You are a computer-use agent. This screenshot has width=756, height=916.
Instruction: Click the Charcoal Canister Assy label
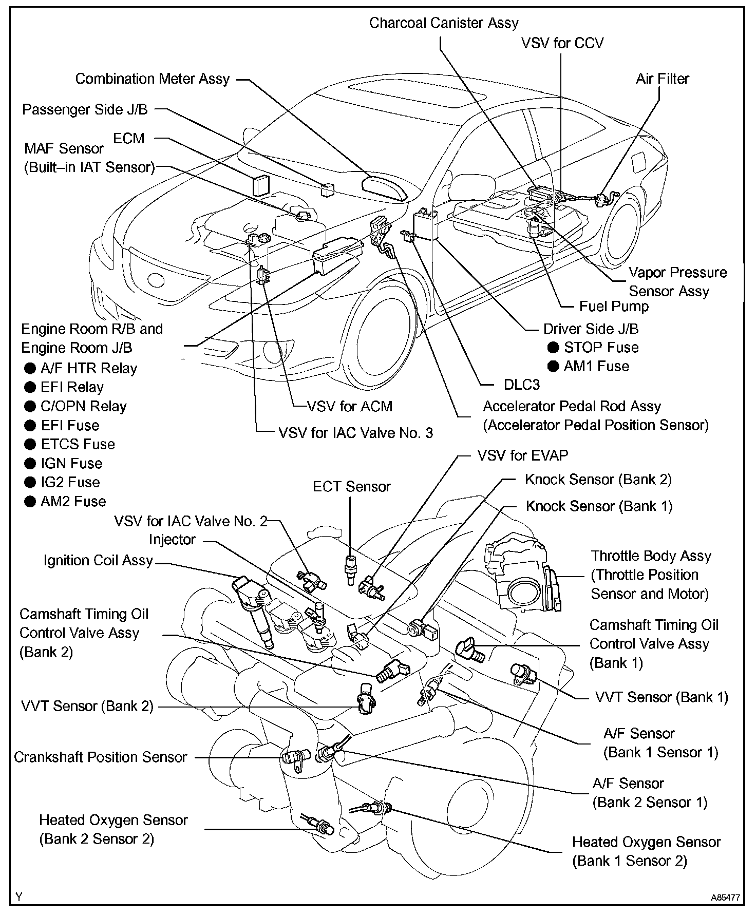click(444, 23)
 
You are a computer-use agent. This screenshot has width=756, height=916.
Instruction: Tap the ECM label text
click(129, 139)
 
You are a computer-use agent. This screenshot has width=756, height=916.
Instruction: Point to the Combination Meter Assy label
click(152, 79)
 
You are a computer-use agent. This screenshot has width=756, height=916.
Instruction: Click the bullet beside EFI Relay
click(30, 388)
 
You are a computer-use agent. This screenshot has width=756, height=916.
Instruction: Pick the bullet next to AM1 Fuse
click(553, 367)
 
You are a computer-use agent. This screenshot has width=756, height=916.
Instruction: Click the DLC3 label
click(521, 385)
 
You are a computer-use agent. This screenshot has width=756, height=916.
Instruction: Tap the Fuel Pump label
click(614, 307)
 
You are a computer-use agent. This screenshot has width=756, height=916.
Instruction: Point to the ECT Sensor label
click(352, 487)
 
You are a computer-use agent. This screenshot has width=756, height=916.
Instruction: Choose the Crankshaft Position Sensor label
click(100, 757)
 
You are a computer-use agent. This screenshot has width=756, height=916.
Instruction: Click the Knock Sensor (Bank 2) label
click(598, 480)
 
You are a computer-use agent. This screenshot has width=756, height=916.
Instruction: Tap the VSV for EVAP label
click(522, 455)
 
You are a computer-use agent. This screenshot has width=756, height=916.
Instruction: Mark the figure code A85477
click(725, 898)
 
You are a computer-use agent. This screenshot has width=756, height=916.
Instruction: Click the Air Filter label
click(662, 79)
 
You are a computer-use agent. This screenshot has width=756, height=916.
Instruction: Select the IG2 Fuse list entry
click(70, 483)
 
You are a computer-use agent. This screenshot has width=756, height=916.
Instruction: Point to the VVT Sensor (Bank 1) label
click(661, 697)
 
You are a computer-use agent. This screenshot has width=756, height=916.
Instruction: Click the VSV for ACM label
click(349, 407)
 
